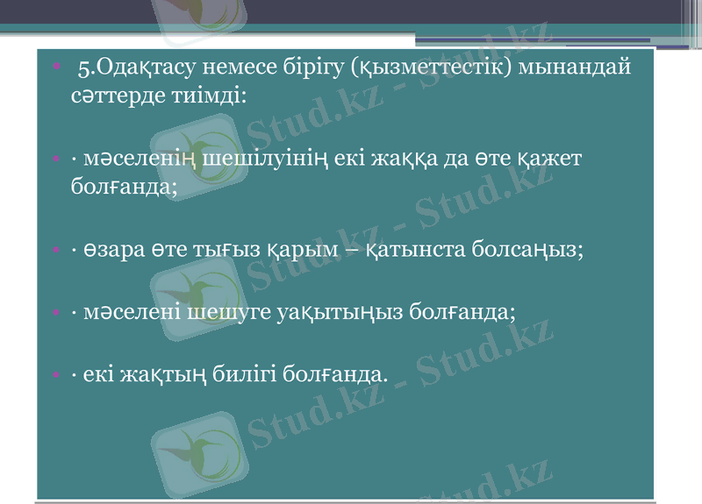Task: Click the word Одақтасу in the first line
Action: (x=142, y=67)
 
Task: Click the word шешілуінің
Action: (x=262, y=160)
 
